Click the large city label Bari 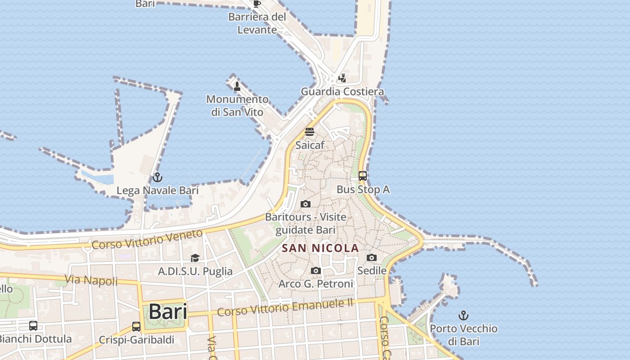point(167,311)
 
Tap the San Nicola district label point(320,248)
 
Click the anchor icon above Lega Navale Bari point(157,177)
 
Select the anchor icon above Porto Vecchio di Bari point(463,315)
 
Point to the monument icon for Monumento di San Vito point(237,86)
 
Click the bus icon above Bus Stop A point(363,176)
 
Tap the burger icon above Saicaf point(310,132)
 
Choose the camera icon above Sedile point(372,258)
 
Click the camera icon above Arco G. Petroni point(316,270)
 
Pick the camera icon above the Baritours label point(306,204)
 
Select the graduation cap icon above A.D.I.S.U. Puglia point(195,258)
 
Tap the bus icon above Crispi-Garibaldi point(136,326)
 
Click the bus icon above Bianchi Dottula point(33,325)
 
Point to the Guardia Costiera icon point(342,78)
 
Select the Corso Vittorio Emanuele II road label point(285,308)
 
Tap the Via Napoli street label point(91,280)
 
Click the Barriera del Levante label point(257,23)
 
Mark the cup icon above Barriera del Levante point(257,4)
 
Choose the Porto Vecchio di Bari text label point(463,335)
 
